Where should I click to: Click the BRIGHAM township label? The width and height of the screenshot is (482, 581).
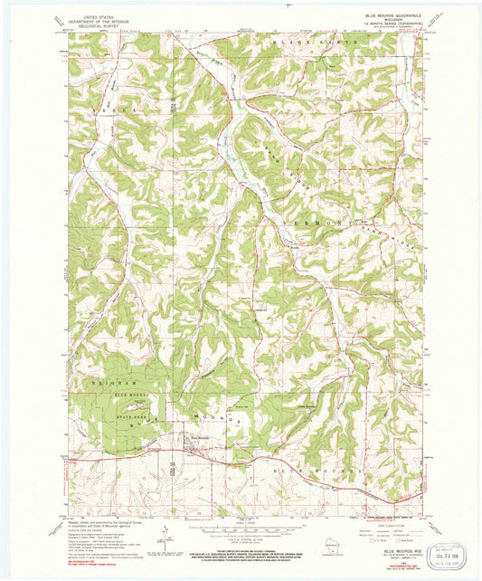[x=116, y=383]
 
